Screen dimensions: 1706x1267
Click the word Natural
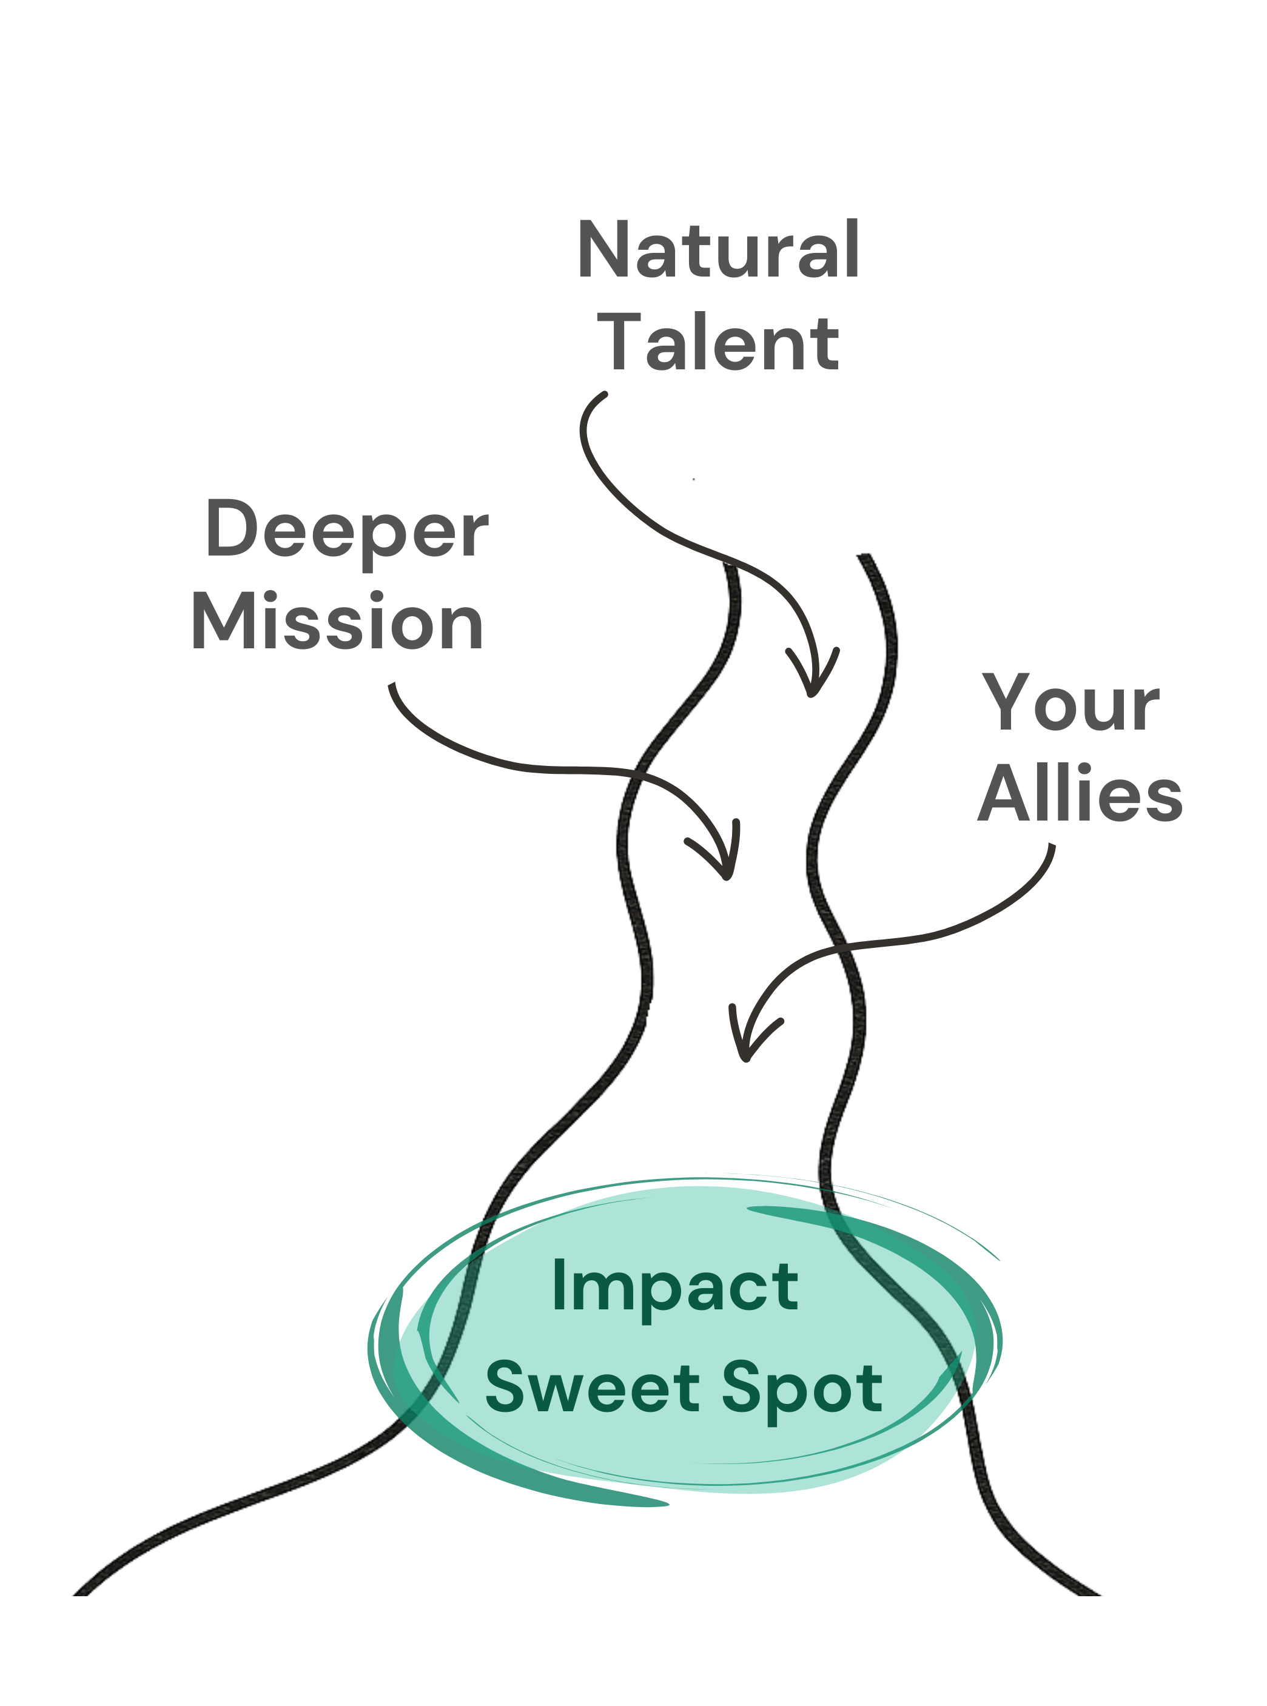click(713, 255)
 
